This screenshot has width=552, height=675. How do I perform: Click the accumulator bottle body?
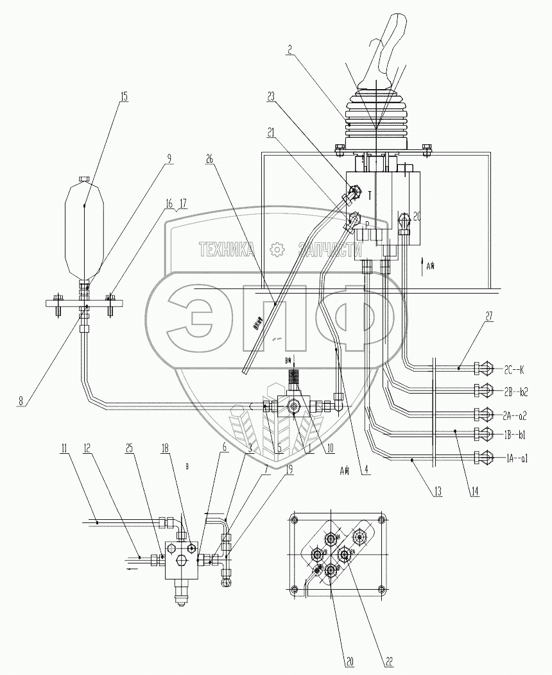pyautogui.click(x=85, y=231)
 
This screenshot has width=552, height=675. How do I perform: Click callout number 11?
pyautogui.click(x=64, y=448)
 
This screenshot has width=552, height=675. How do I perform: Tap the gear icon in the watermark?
pyautogui.click(x=277, y=249)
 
